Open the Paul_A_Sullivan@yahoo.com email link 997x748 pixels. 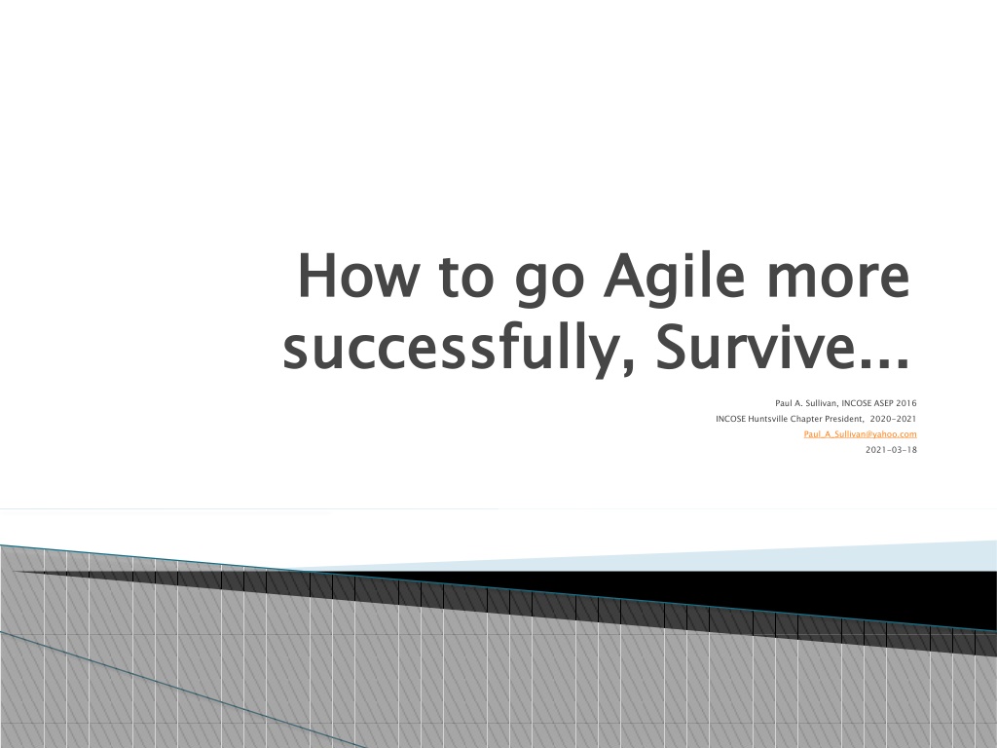[861, 434]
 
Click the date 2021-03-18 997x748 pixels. [891, 450]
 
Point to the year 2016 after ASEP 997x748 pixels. [906, 403]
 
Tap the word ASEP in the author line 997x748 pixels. [883, 403]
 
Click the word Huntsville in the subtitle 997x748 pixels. [767, 419]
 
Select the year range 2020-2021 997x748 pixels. [894, 419]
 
